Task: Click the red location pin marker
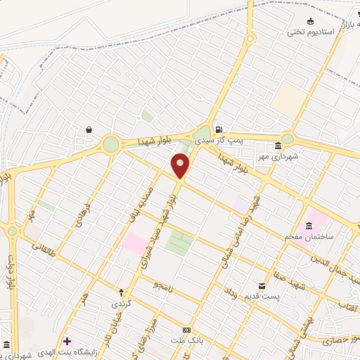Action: pos(180,167)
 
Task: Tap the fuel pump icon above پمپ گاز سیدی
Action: pos(219,129)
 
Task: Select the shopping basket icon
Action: pos(90,129)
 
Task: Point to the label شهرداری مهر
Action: pos(296,156)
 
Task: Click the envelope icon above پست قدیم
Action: pos(262,285)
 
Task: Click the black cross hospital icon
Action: pos(67,340)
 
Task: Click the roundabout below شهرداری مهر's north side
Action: pos(288,139)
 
